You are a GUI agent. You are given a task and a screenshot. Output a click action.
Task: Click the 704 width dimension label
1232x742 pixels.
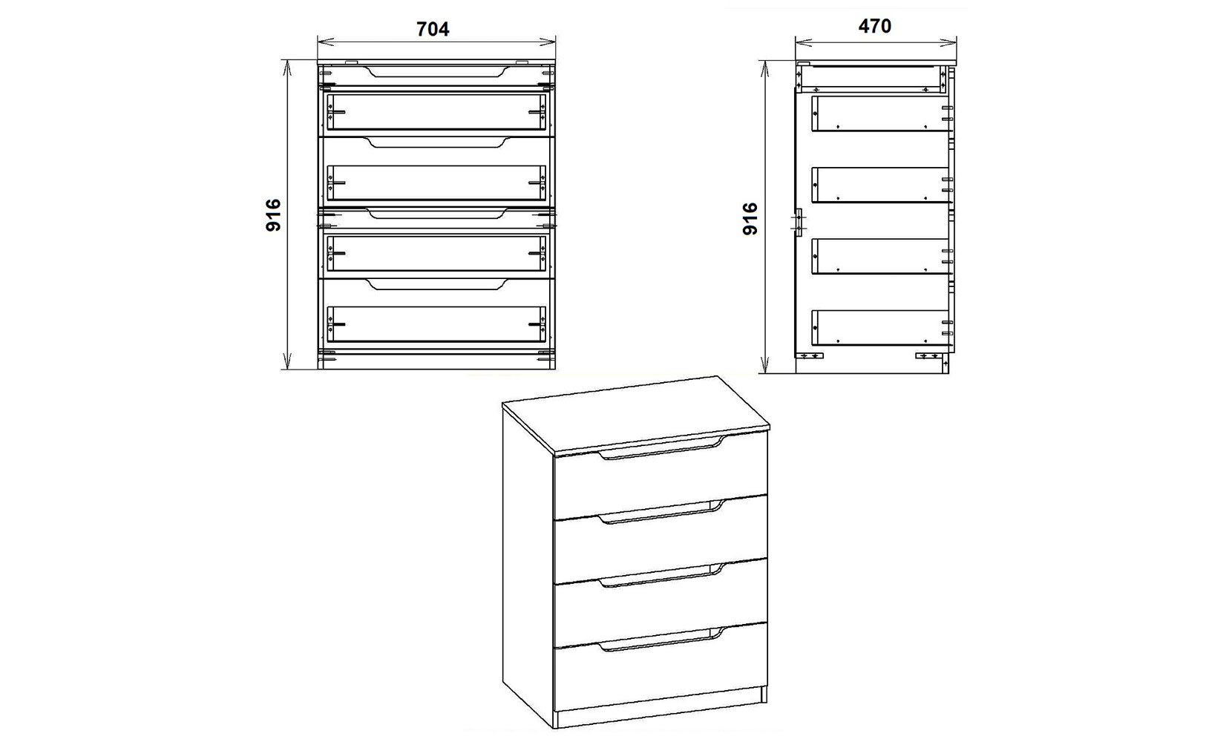[433, 29]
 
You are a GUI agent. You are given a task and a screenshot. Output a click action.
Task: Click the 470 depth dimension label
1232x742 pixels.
[874, 26]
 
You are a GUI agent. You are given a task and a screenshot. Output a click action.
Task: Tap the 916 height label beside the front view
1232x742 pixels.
[273, 215]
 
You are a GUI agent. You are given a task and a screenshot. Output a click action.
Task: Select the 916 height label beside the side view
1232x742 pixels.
[750, 219]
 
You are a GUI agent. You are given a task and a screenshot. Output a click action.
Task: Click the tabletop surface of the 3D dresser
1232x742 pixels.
[635, 413]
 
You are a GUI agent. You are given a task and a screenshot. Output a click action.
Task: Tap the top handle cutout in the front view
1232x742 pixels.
[436, 71]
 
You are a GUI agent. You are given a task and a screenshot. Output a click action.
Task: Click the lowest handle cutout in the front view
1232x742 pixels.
[436, 284]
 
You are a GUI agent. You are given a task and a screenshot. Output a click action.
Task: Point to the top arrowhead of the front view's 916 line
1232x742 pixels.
[286, 68]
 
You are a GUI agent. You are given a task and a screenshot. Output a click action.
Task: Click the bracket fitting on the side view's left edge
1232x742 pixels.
[799, 222]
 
